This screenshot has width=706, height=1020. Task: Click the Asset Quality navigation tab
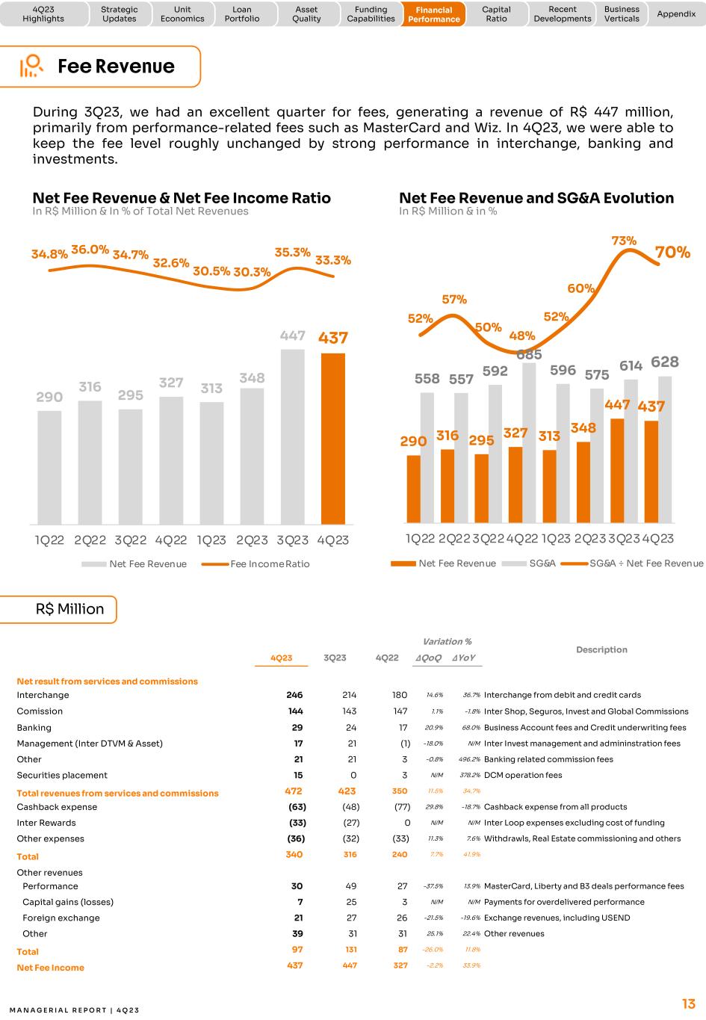click(x=306, y=14)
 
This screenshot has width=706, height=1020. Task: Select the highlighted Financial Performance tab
click(x=434, y=14)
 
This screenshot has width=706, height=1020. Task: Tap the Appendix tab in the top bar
click(x=675, y=14)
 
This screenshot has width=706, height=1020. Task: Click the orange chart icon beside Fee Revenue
click(x=31, y=67)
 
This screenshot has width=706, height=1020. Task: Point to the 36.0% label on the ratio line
click(x=90, y=250)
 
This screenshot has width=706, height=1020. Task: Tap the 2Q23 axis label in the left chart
click(x=252, y=540)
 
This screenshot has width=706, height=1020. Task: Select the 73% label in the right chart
click(x=624, y=241)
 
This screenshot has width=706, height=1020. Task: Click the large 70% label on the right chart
click(x=672, y=253)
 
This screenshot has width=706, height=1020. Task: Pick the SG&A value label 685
click(x=529, y=354)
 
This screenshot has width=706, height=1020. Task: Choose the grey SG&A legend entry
click(x=542, y=563)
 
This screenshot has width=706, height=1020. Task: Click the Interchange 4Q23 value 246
click(x=294, y=695)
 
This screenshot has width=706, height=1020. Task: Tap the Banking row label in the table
click(x=34, y=727)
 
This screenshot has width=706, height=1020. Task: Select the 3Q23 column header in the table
click(x=335, y=658)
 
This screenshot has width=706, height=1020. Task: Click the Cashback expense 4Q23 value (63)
click(x=297, y=807)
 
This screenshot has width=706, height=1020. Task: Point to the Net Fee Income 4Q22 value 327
click(x=400, y=965)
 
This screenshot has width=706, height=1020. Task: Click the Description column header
click(x=601, y=649)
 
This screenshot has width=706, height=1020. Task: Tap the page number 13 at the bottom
click(x=688, y=1004)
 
